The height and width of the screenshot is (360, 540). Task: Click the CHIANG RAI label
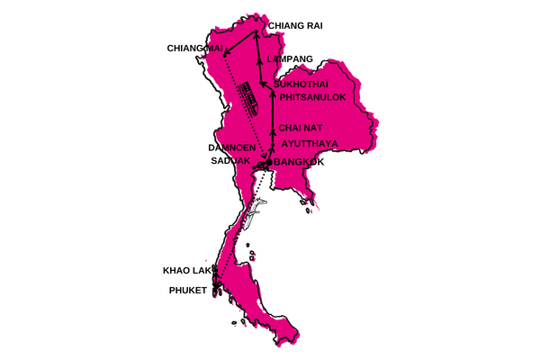[295, 26]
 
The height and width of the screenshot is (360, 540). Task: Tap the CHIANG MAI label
[195, 48]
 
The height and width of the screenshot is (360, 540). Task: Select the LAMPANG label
[291, 59]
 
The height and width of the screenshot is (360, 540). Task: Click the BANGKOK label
[304, 162]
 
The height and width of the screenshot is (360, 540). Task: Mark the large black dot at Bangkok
[269, 163]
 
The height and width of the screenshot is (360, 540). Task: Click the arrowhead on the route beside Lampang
[258, 59]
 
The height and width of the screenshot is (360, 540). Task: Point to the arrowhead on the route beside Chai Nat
[272, 128]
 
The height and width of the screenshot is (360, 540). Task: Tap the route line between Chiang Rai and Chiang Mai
[240, 44]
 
